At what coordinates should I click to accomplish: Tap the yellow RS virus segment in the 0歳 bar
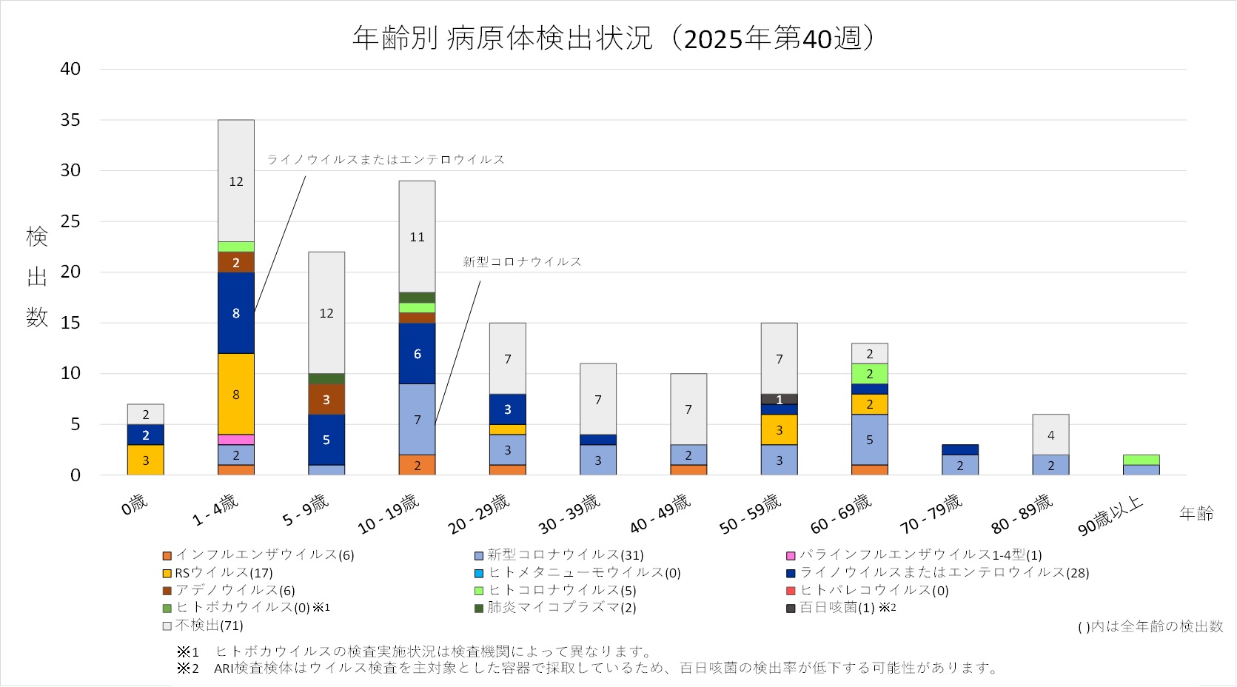tap(146, 460)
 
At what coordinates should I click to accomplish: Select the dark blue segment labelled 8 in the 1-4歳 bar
tap(236, 313)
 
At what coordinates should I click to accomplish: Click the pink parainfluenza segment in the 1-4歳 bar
tap(236, 440)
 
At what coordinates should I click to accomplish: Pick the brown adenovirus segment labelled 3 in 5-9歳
tap(326, 399)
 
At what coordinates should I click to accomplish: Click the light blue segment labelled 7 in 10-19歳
tap(417, 419)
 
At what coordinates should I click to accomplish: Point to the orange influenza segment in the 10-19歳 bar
tap(417, 465)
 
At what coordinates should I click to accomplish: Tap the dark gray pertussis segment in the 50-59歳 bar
tap(780, 399)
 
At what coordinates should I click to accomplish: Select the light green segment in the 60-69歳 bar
tap(870, 374)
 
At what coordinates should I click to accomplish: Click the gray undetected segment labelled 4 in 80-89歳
tap(1050, 435)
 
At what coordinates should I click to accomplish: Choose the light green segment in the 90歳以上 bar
tap(1141, 460)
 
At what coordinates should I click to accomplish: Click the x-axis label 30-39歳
tap(569, 514)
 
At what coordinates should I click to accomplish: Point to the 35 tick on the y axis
tap(70, 120)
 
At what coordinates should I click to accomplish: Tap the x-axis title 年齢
tap(1196, 513)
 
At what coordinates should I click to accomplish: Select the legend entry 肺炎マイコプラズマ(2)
tap(561, 608)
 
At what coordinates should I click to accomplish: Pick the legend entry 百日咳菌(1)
tap(837, 608)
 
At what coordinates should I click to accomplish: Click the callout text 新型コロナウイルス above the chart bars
tap(522, 262)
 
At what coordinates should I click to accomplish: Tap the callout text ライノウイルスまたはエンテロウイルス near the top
tap(385, 160)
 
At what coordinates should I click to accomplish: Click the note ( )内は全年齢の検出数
tap(1150, 627)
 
